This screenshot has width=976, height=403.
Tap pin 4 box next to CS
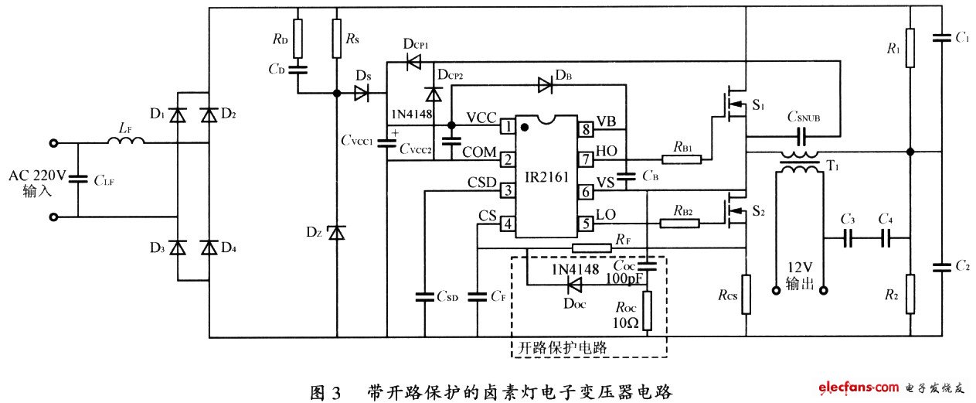click(508, 224)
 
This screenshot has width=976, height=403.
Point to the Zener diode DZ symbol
click(336, 232)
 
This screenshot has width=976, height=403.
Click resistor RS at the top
click(336, 39)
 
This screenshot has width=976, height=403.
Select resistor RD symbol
click(298, 36)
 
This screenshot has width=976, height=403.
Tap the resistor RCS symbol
click(746, 295)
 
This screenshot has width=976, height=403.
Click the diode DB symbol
click(546, 86)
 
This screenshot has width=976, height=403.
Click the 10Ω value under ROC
click(626, 323)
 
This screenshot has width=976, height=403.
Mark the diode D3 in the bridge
click(179, 248)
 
